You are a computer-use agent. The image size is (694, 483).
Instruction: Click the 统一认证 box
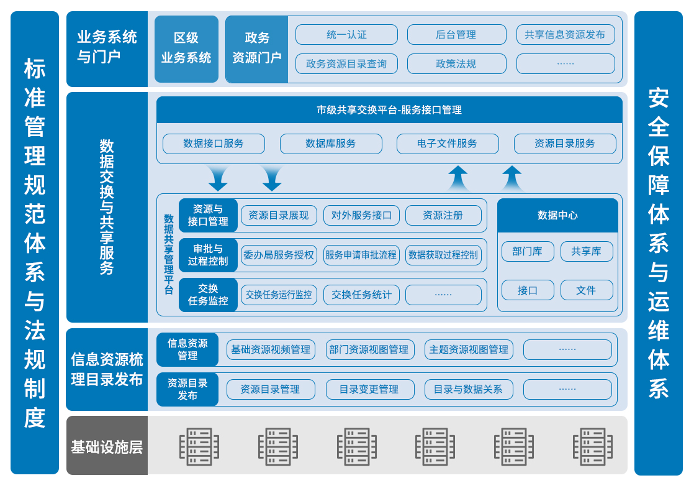[x=346, y=35]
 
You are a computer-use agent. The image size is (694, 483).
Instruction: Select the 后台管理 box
[x=456, y=35]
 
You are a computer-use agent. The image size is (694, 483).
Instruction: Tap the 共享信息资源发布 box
[x=565, y=35]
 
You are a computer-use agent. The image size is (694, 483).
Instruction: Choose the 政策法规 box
[x=456, y=63]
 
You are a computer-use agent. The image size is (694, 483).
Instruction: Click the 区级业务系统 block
[x=186, y=49]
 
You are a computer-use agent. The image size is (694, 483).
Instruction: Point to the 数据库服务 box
[x=331, y=144]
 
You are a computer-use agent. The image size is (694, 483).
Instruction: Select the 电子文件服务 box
[x=448, y=144]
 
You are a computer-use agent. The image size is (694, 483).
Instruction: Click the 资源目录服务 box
[x=565, y=144]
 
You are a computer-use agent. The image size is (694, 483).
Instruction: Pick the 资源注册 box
[x=443, y=216]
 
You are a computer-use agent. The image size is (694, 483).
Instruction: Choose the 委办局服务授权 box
[x=279, y=255]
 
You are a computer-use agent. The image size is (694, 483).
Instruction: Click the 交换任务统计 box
[x=361, y=295]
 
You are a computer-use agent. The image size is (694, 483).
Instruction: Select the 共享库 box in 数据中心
[x=587, y=251]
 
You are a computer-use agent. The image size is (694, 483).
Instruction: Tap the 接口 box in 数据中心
[x=528, y=290]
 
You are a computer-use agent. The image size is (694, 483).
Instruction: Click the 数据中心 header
[x=557, y=215]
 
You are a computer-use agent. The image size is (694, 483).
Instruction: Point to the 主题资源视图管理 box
[x=469, y=349]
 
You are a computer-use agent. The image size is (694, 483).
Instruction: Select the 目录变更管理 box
[x=369, y=389]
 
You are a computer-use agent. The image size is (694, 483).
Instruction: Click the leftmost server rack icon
[x=199, y=446]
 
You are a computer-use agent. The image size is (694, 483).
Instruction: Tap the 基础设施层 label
[x=107, y=446]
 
